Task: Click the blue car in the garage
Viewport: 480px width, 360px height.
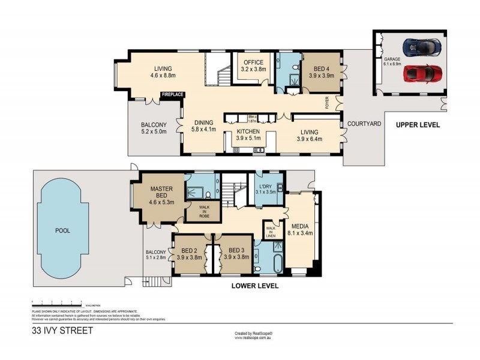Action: pyautogui.click(x=422, y=46)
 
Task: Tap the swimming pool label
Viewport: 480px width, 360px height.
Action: pyautogui.click(x=62, y=230)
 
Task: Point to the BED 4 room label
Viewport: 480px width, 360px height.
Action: pyautogui.click(x=320, y=73)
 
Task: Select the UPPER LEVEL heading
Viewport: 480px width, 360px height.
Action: pyautogui.click(x=417, y=125)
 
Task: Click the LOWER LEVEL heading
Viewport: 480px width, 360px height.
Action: pyautogui.click(x=255, y=286)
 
